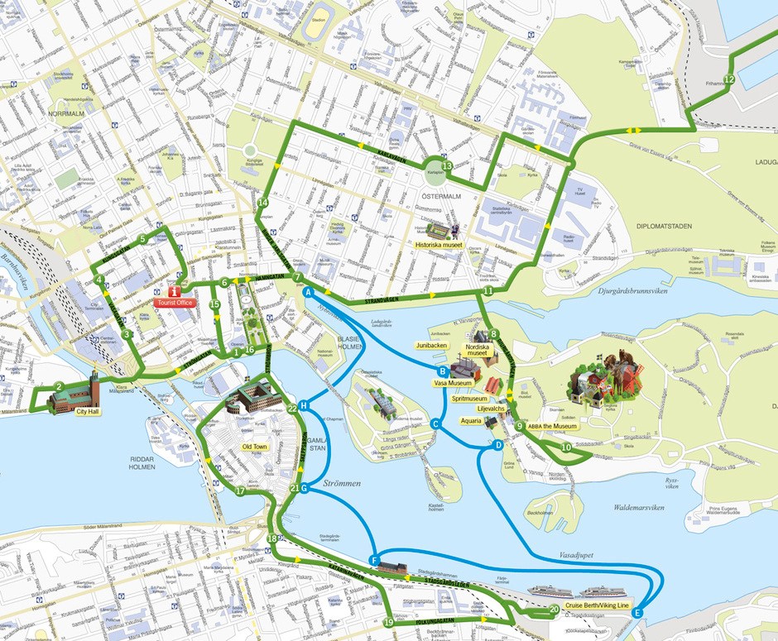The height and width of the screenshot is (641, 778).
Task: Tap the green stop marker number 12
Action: [x=728, y=79]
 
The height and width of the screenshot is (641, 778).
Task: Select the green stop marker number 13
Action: [x=447, y=166]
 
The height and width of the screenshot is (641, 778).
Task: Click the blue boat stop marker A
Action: [x=307, y=293]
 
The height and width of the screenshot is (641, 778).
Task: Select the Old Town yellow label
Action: [x=254, y=447]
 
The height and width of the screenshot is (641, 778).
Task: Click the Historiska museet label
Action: [x=439, y=245]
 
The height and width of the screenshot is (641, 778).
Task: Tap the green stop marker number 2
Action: [x=59, y=386]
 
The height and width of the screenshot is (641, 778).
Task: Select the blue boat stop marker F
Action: [x=374, y=561]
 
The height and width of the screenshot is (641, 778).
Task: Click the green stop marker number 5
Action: [x=143, y=239]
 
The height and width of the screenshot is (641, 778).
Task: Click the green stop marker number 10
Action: [x=565, y=447]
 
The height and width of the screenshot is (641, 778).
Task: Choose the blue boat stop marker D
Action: [x=497, y=445]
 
